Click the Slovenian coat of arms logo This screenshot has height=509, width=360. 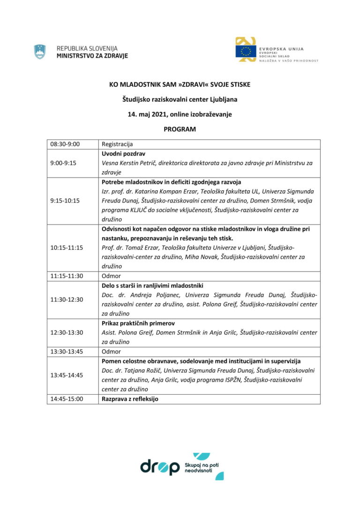tap(40, 52)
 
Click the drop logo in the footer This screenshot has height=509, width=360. tap(160, 467)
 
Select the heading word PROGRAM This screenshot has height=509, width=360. tap(180, 129)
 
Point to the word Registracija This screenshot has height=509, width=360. tap(117, 144)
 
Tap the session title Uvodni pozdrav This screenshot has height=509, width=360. tap(123, 154)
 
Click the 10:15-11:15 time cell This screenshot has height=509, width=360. tap(66, 247)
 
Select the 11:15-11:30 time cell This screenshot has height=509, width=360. tap(66, 276)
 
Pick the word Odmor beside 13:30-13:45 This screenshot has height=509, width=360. tap(111, 352)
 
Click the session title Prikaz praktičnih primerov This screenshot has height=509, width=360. tap(135, 323)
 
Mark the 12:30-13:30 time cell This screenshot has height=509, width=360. tap(66, 332)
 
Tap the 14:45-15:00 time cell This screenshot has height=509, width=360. tap(66, 399)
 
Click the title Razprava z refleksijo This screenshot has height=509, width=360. tap(130, 399)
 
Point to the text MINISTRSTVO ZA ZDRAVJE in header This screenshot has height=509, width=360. tap(91, 56)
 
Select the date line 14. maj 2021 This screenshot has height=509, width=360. tap(180, 114)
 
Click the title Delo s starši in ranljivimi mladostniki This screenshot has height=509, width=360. tap(152, 285)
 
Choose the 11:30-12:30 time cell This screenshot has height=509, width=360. tap(66, 299)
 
